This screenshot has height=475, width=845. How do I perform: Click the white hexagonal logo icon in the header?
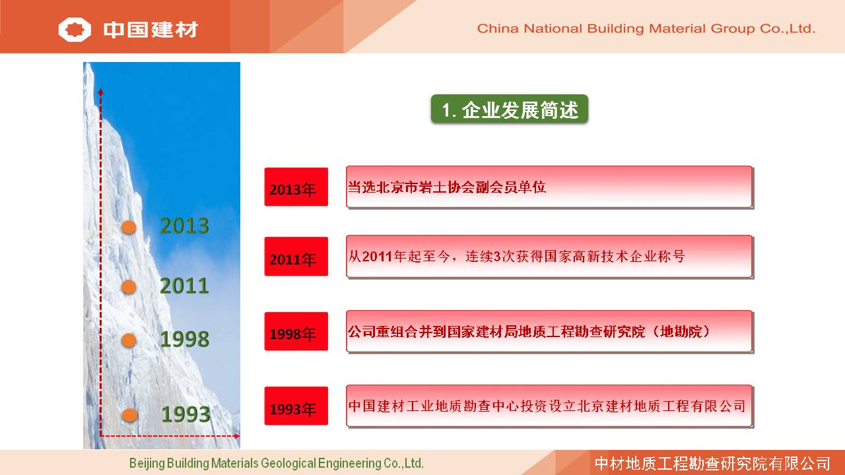coord(75,30)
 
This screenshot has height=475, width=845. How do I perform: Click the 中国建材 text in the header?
coord(151,30)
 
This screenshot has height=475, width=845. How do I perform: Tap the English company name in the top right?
coord(646,28)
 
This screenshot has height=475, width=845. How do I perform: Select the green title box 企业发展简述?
coord(510,109)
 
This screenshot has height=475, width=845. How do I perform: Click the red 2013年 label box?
coord(296,187)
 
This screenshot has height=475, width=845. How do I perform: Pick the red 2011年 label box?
coord(296,257)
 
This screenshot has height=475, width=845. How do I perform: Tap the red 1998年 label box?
coord(296,331)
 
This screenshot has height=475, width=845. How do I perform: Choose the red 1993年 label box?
coord(296,406)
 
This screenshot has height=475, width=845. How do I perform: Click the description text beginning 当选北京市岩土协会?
coord(447,187)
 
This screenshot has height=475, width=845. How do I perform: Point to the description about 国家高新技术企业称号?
coord(516,257)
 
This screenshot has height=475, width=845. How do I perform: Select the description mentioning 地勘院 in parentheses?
coord(529,332)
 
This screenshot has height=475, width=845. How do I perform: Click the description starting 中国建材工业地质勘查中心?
coord(547,406)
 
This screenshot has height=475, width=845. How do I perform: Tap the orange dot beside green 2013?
coord(129,228)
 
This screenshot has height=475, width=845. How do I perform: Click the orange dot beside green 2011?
coord(129,287)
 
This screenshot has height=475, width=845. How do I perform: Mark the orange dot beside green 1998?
coord(129,340)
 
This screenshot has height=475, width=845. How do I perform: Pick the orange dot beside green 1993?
coord(129,415)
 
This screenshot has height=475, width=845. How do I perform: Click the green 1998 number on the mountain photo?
coord(184,339)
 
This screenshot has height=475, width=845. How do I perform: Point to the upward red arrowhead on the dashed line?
coord(101,92)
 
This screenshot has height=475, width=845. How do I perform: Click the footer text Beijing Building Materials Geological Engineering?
coord(276,463)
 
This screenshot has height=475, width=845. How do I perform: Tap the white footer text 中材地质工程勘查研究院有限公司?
coord(712,463)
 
